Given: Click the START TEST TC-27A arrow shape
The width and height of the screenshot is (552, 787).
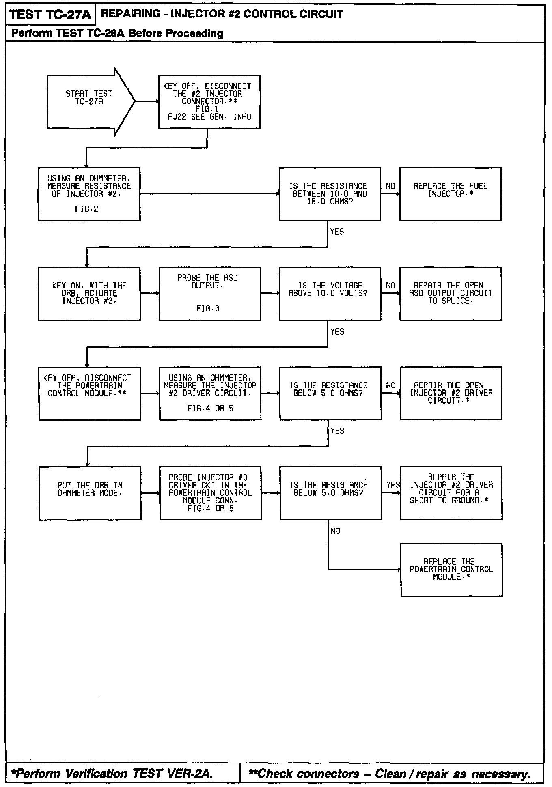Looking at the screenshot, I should coord(89,101).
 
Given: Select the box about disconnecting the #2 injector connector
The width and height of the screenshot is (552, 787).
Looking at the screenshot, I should coord(209,102).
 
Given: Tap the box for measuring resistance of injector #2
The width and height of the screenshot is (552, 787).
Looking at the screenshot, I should coord(89,194).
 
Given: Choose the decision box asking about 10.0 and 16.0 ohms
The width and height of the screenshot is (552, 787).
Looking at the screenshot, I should coord(330,194).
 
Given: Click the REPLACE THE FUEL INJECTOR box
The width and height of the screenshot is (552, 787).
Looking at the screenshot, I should coord(451,194).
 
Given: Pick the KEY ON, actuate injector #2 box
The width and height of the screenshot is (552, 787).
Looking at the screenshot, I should coord(89,294).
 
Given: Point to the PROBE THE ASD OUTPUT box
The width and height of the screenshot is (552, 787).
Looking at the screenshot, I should coord(209,294).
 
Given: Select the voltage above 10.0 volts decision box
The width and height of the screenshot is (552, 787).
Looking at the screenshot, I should coord(330,294).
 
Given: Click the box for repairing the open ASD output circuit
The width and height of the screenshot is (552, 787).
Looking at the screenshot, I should coord(451,294).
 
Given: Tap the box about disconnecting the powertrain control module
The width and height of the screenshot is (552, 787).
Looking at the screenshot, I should coord(90,393).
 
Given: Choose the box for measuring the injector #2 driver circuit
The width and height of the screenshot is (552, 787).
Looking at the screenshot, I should coord(210,393).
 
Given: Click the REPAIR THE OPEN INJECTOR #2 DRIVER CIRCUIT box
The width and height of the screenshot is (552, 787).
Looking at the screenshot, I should coord(451,393).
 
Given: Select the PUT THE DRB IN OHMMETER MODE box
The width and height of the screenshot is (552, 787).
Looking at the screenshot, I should coord(90,493).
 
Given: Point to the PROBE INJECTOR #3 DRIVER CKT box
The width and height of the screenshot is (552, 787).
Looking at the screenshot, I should coord(210,493).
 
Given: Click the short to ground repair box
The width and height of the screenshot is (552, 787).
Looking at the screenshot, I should coord(451,493).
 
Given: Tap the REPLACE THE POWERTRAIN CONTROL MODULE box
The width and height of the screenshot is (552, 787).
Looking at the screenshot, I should coord(451,570).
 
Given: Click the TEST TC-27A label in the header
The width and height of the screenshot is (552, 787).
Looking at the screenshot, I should coord(50,15).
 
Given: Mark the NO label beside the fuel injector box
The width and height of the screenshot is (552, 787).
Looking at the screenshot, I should coord(390,186).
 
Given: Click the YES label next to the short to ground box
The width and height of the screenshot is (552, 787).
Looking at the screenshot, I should coord(393,485).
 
